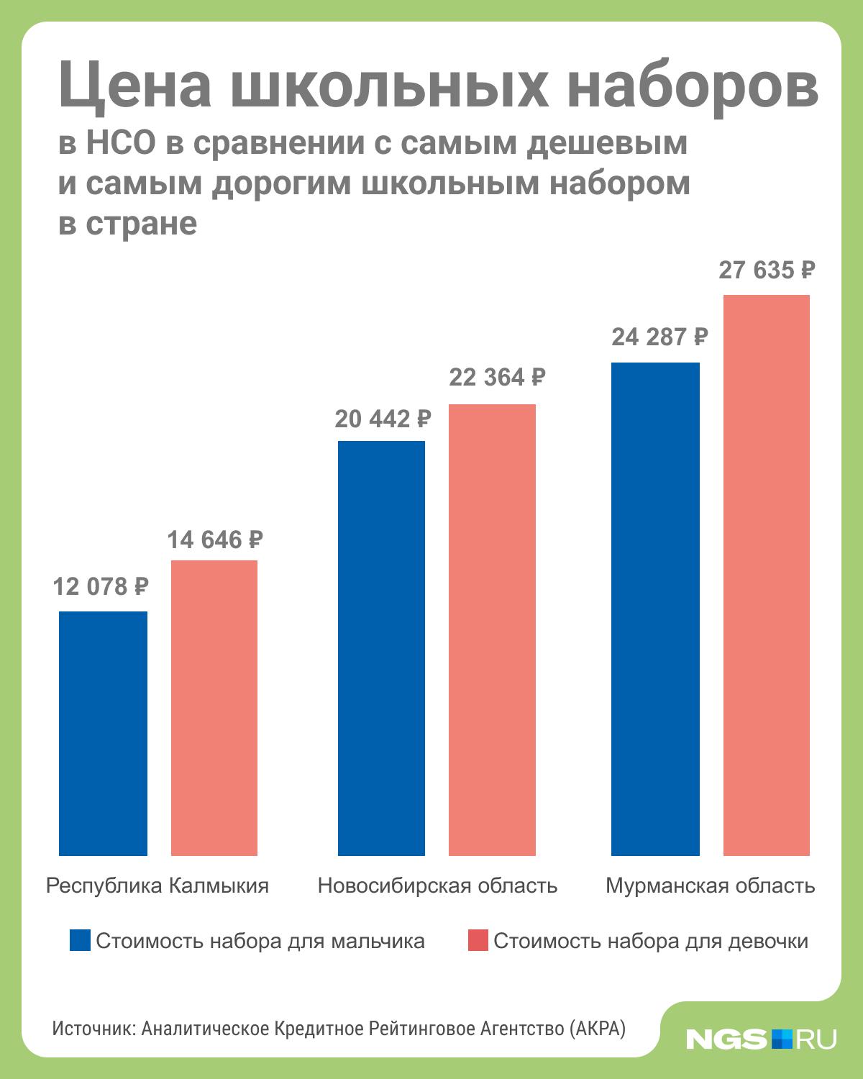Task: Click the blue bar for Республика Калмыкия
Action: [103, 733]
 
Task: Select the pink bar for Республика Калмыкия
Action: [214, 708]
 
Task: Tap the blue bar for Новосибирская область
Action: [381, 648]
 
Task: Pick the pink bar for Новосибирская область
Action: [492, 629]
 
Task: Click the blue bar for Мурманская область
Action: [655, 609]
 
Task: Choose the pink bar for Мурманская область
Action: [766, 575]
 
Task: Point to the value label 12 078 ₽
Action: [101, 587]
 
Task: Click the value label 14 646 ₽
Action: [215, 540]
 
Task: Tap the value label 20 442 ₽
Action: [383, 419]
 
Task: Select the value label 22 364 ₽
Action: [497, 377]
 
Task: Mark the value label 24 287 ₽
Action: [660, 337]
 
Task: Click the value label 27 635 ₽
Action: [767, 270]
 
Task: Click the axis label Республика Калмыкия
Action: [157, 886]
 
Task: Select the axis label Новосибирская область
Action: [438, 886]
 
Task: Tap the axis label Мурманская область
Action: [711, 886]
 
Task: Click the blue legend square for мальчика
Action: [81, 940]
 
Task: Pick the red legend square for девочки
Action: [478, 940]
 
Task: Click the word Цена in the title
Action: [135, 86]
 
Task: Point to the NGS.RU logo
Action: [761, 1039]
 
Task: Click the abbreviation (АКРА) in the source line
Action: [597, 1029]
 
